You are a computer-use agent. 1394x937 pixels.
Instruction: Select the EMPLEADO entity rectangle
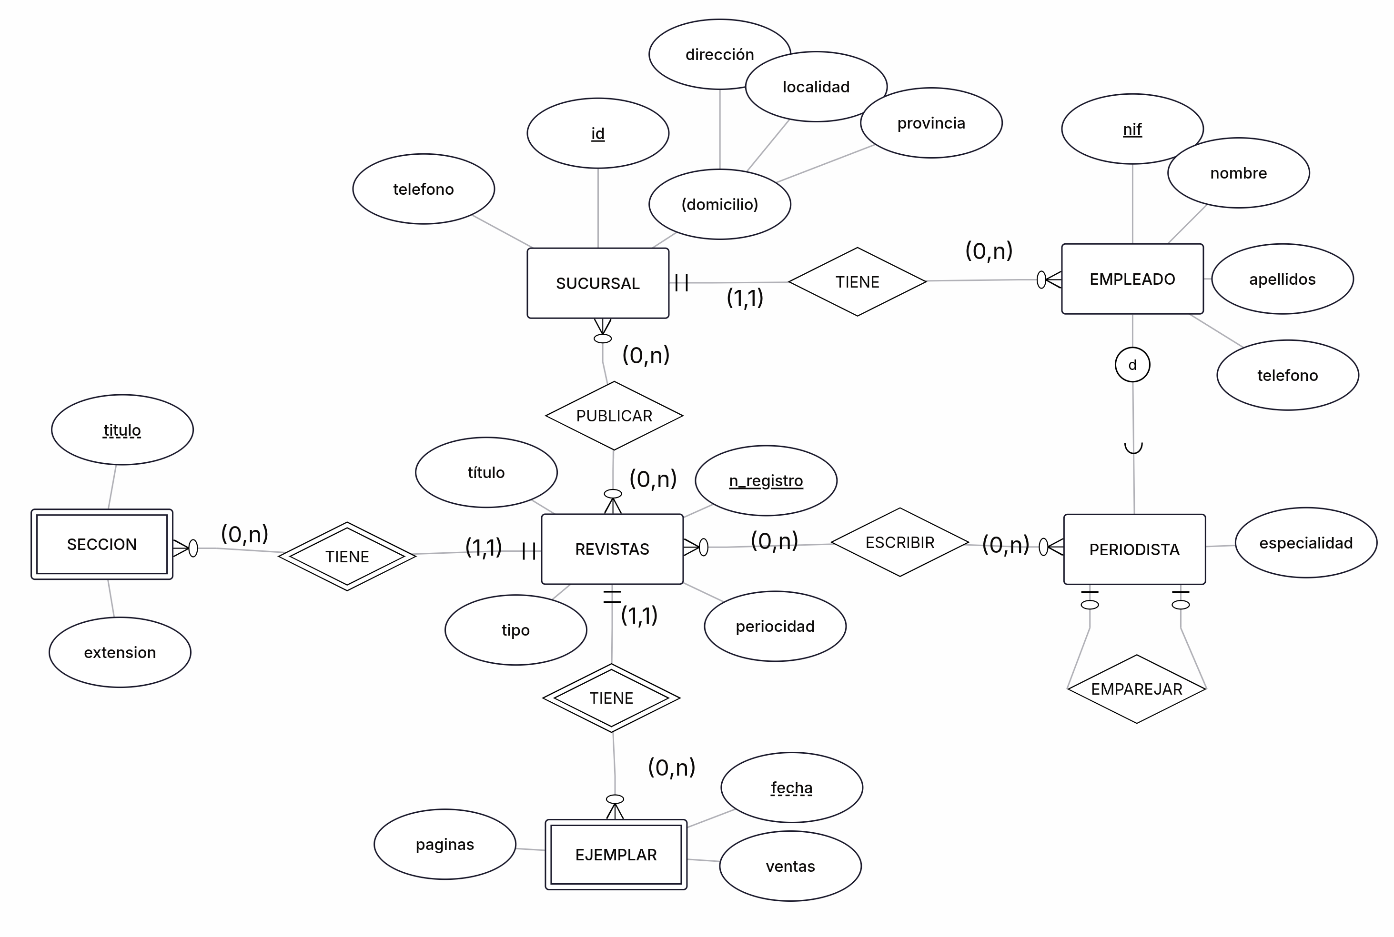1131,279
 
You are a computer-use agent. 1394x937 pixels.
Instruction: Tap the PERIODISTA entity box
1134,549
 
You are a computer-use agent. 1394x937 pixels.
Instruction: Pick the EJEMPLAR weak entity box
616,855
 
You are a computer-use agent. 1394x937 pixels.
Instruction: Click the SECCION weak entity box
101,544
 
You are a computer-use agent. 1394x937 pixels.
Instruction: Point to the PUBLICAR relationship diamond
614,416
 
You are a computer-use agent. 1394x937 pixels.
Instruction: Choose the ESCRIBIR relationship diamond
899,543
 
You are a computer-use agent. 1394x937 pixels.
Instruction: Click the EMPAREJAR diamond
1136,689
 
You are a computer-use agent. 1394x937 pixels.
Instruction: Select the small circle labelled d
1132,365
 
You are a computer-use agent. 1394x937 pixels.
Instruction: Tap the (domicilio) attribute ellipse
720,204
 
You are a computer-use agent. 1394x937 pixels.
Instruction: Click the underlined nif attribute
1131,129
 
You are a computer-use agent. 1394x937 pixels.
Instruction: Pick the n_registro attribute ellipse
766,480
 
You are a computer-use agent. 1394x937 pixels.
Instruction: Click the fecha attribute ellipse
791,787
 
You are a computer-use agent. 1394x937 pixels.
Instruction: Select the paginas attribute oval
445,844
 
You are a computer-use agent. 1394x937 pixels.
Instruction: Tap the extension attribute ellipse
120,653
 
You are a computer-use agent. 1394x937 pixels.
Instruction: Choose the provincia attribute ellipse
931,123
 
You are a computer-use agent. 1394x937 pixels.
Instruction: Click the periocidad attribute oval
775,626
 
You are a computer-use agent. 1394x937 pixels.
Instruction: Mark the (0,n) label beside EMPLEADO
989,251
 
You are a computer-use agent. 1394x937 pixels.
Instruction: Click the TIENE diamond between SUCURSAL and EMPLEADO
857,282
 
